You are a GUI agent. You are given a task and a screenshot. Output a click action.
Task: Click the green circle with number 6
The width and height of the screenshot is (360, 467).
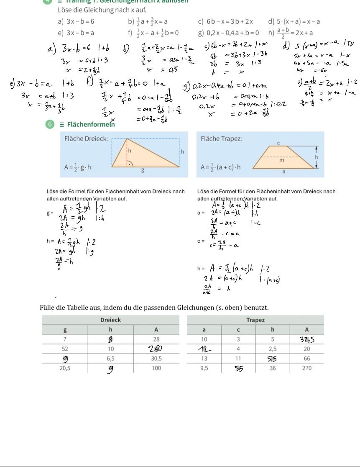50,124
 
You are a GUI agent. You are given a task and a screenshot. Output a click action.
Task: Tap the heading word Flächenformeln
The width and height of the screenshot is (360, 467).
90,124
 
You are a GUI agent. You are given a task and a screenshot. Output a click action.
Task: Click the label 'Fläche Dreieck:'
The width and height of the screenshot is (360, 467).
86,139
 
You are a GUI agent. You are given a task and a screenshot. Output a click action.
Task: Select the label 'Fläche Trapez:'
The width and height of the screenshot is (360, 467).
221,139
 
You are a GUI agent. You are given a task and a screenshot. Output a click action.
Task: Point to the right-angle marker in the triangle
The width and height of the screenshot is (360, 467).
130,164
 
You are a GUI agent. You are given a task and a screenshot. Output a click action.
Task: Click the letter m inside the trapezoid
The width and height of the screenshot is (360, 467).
282,159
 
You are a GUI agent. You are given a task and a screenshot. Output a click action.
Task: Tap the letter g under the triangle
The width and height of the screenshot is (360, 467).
143,170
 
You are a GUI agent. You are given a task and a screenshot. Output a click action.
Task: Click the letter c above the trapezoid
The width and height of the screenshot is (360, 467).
278,143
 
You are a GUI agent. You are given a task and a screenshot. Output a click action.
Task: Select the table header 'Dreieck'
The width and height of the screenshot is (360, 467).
111,320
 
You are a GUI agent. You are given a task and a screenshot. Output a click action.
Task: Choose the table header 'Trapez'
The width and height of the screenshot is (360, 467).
255,320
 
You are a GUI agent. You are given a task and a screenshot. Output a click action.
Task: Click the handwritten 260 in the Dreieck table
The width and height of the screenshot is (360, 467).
156,349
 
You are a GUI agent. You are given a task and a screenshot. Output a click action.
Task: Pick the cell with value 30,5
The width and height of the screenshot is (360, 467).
156,358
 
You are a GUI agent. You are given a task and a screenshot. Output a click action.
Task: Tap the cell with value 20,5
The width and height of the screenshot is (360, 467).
65,368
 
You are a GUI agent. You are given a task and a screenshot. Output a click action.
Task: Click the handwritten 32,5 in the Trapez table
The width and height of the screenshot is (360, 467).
306,339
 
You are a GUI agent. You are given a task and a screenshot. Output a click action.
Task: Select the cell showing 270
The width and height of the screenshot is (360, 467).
307,368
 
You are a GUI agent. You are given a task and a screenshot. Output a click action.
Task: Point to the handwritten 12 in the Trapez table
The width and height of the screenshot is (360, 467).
204,349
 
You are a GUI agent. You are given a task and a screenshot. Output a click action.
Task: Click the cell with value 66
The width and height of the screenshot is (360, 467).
307,358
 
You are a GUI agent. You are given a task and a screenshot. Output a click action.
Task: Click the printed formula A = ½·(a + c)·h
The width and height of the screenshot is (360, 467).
221,167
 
